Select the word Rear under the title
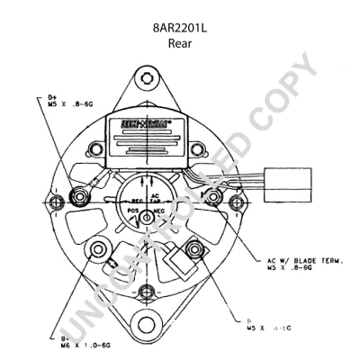180,42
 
